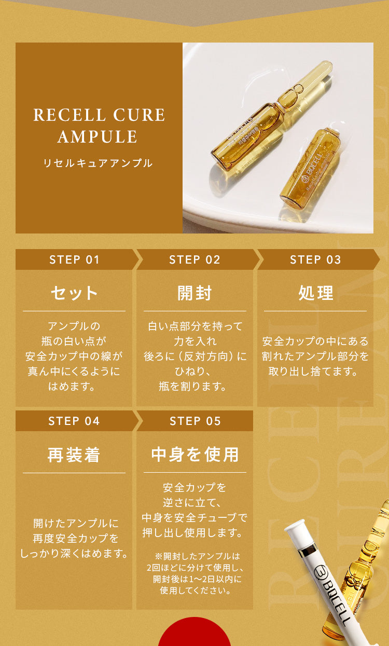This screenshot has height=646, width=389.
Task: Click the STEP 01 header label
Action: click(x=74, y=259)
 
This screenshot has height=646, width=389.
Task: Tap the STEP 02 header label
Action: click(x=195, y=259)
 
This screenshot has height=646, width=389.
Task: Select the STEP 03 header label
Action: click(x=315, y=259)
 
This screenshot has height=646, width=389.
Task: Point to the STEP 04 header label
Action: click(x=74, y=421)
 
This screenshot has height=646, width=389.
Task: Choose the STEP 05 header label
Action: click(x=195, y=421)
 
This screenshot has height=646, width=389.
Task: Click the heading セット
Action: click(x=74, y=293)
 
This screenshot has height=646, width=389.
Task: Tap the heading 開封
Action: click(x=195, y=293)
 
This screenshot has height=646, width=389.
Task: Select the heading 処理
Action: click(x=315, y=293)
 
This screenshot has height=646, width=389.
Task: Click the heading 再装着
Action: click(x=74, y=455)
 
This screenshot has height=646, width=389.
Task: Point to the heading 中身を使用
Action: click(x=195, y=455)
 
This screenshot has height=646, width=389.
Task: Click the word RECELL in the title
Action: click(x=65, y=115)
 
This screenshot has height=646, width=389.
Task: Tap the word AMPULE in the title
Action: click(x=98, y=137)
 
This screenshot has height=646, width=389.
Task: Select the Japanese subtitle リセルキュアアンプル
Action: click(x=98, y=163)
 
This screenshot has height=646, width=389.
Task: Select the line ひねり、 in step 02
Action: click(x=195, y=372)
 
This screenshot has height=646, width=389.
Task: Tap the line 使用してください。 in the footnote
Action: click(x=195, y=590)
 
